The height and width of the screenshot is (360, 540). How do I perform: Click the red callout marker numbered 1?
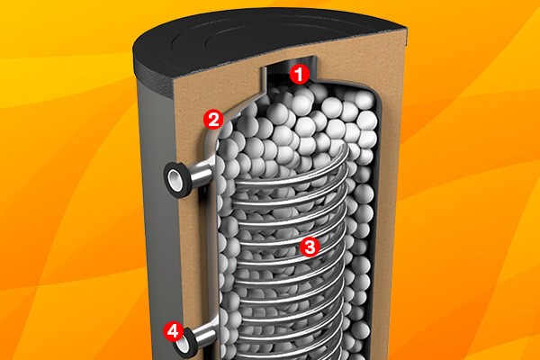[x=300, y=75]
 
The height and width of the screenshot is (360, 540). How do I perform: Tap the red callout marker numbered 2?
[x=213, y=120]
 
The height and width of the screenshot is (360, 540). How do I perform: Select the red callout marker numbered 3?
[x=310, y=247]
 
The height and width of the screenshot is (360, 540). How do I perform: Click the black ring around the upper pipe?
[x=178, y=179]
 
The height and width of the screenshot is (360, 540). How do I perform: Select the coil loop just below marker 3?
[x=292, y=261]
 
